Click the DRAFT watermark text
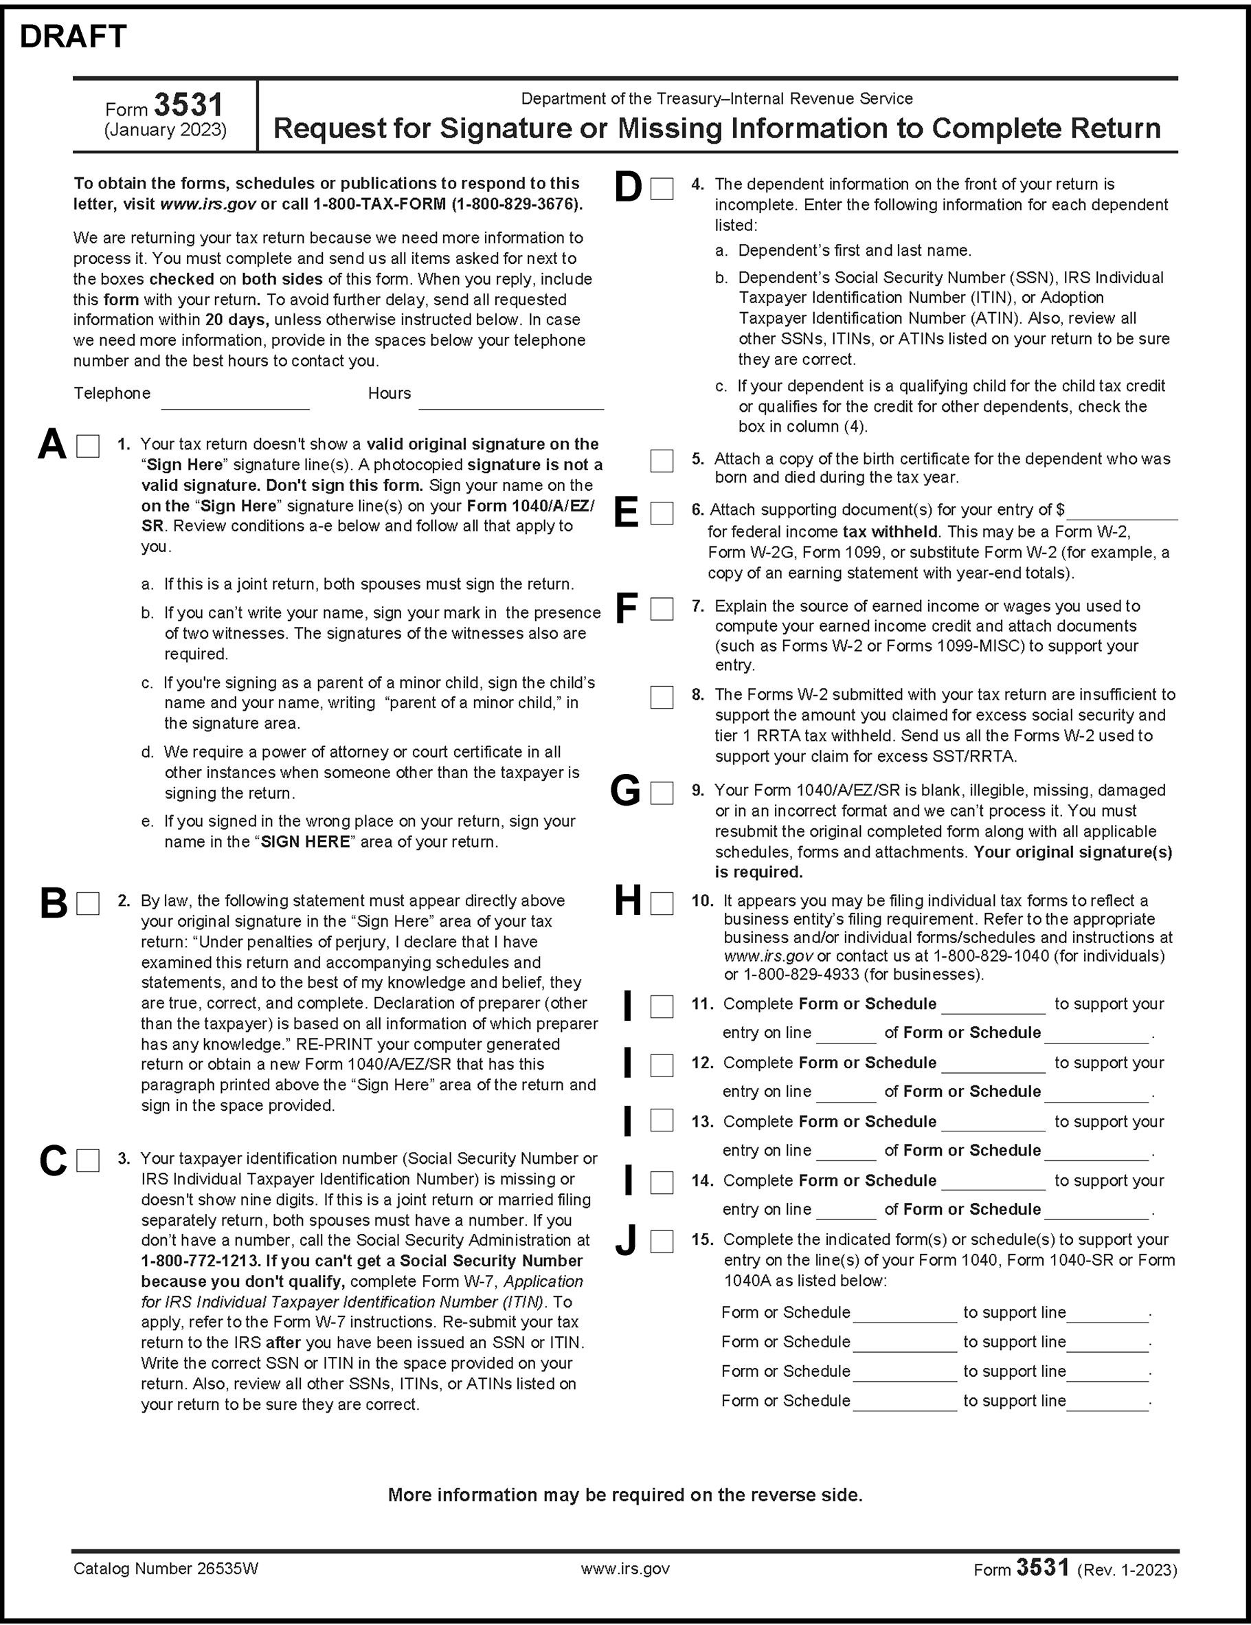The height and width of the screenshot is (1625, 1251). [x=73, y=36]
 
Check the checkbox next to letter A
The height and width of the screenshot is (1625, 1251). [x=88, y=446]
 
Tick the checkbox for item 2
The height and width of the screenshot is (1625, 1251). [x=88, y=903]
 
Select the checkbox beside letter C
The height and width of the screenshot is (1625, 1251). [x=88, y=1161]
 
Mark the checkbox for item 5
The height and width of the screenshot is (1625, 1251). [x=661, y=461]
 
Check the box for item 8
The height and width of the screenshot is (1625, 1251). [x=661, y=697]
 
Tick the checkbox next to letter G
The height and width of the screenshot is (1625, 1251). [x=661, y=793]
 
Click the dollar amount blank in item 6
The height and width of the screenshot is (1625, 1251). [x=1122, y=511]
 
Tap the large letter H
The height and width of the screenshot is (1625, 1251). [x=628, y=902]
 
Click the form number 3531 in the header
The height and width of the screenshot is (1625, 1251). [x=189, y=106]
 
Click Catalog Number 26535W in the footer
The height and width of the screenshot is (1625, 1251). [x=166, y=1569]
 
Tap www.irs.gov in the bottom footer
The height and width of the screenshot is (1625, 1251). [x=624, y=1569]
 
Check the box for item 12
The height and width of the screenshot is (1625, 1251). [x=661, y=1065]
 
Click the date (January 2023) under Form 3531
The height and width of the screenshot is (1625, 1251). [x=165, y=130]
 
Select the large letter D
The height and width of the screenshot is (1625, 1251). [x=629, y=188]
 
